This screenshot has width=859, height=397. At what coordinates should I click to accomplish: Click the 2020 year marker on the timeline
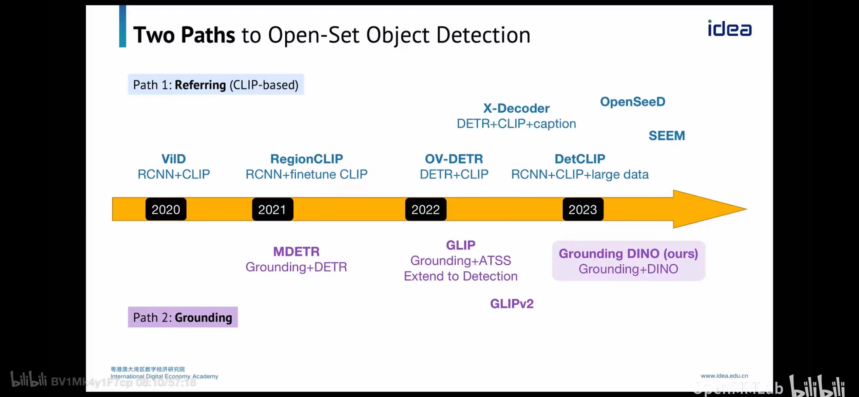(166, 209)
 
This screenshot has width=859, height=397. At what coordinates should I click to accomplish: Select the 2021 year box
(272, 209)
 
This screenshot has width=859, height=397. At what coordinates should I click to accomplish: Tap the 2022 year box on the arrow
(425, 209)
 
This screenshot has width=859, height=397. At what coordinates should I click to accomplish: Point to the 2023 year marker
(583, 209)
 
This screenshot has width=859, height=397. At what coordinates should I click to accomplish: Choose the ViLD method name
(173, 159)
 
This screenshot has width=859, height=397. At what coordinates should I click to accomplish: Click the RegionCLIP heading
(306, 159)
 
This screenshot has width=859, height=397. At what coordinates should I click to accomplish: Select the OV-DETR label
(454, 159)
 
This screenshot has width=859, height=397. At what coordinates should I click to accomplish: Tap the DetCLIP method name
(579, 159)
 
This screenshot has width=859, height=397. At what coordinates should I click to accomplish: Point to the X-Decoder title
(516, 108)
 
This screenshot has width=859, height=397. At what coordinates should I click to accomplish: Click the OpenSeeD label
(632, 102)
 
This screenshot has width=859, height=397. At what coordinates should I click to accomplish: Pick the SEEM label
(667, 136)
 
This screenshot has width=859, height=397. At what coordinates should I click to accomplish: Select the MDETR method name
(296, 251)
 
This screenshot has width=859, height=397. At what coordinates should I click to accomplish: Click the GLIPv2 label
(512, 303)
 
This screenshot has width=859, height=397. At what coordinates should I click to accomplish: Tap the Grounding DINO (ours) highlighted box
(628, 261)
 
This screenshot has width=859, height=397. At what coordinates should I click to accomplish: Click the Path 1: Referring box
(216, 85)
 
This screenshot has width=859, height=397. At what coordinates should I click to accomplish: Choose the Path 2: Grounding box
(183, 317)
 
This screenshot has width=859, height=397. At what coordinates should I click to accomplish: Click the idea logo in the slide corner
(729, 29)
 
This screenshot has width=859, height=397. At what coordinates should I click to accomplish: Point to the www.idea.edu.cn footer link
(724, 376)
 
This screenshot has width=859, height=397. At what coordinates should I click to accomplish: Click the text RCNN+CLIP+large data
(579, 174)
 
